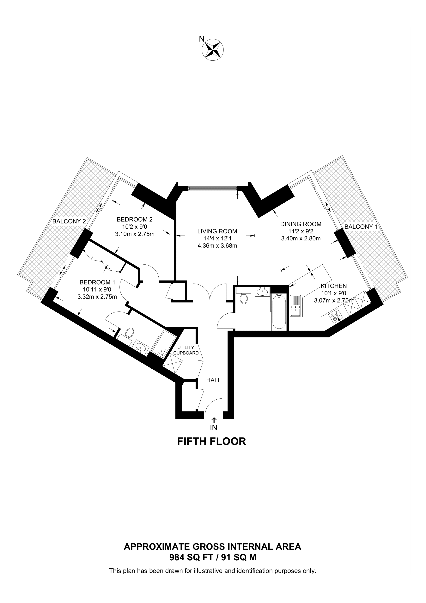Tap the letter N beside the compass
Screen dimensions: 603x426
pyautogui.click(x=202, y=39)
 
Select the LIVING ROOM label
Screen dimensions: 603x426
pyautogui.click(x=217, y=231)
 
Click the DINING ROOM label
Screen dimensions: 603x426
pyautogui.click(x=301, y=224)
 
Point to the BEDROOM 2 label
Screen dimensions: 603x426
pyautogui.click(x=135, y=219)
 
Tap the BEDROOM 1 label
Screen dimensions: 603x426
pyautogui.click(x=97, y=282)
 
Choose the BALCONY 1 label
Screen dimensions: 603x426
pyautogui.click(x=361, y=227)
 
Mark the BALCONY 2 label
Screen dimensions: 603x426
pyautogui.click(x=69, y=221)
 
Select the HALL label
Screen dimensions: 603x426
pyautogui.click(x=213, y=380)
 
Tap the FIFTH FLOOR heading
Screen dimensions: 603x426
pyautogui.click(x=212, y=441)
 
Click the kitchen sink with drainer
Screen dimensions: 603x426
pyautogui.click(x=295, y=306)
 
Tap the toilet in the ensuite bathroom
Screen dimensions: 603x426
pyautogui.click(x=129, y=333)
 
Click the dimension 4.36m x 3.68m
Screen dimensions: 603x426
pyautogui.click(x=217, y=246)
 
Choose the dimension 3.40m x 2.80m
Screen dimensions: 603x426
pyautogui.click(x=301, y=238)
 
